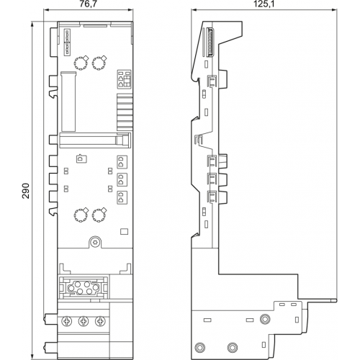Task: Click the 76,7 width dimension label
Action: point(89,4)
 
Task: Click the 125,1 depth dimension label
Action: point(264,4)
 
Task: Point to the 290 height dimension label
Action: point(26,191)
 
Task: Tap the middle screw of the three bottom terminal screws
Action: point(84,321)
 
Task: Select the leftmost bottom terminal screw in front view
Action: point(67,321)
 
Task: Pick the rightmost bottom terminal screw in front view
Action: point(100,321)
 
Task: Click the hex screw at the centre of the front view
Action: point(95,242)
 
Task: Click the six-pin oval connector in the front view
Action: point(83,287)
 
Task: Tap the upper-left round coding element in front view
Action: point(81,63)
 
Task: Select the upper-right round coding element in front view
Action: point(99,63)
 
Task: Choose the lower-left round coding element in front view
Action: point(81,215)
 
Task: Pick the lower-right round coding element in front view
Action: point(99,215)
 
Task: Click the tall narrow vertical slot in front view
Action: point(68,102)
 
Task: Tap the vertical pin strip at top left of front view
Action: point(67,42)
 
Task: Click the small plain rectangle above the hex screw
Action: point(124,231)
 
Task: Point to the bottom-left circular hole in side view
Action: point(199,347)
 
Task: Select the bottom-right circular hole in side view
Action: point(232,347)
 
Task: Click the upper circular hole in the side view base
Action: point(265,319)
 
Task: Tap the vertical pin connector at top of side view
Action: point(210,42)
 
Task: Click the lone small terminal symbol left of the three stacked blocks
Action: point(81,159)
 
